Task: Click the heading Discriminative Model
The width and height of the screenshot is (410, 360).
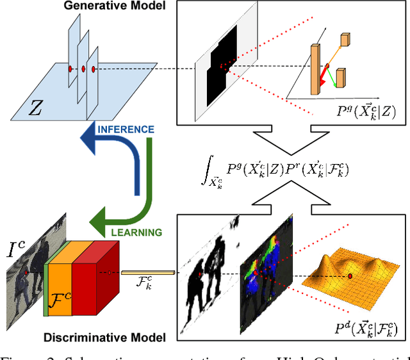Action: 104,337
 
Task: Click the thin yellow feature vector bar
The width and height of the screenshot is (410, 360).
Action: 148,274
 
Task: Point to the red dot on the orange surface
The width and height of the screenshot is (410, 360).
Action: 350,275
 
